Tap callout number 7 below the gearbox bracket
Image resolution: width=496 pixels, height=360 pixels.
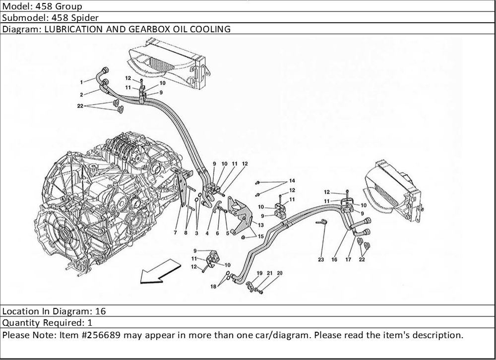click(175, 232)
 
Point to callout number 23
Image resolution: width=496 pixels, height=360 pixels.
click(321, 259)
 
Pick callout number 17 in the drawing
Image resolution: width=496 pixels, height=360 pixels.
click(349, 259)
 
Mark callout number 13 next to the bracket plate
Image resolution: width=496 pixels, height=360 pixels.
click(260, 225)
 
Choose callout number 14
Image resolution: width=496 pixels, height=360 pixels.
click(292, 180)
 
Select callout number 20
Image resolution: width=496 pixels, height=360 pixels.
click(279, 273)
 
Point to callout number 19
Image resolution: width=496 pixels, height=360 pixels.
click(259, 273)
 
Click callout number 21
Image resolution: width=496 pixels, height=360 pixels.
click(270, 273)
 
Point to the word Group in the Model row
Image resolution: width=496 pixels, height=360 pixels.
click(69, 6)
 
